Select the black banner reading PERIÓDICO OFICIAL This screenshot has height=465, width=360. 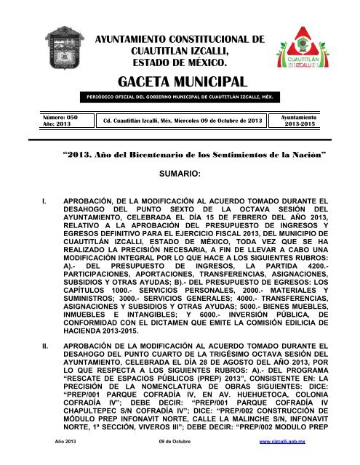click(180, 97)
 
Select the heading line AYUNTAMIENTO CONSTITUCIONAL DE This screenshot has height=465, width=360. click(180, 26)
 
